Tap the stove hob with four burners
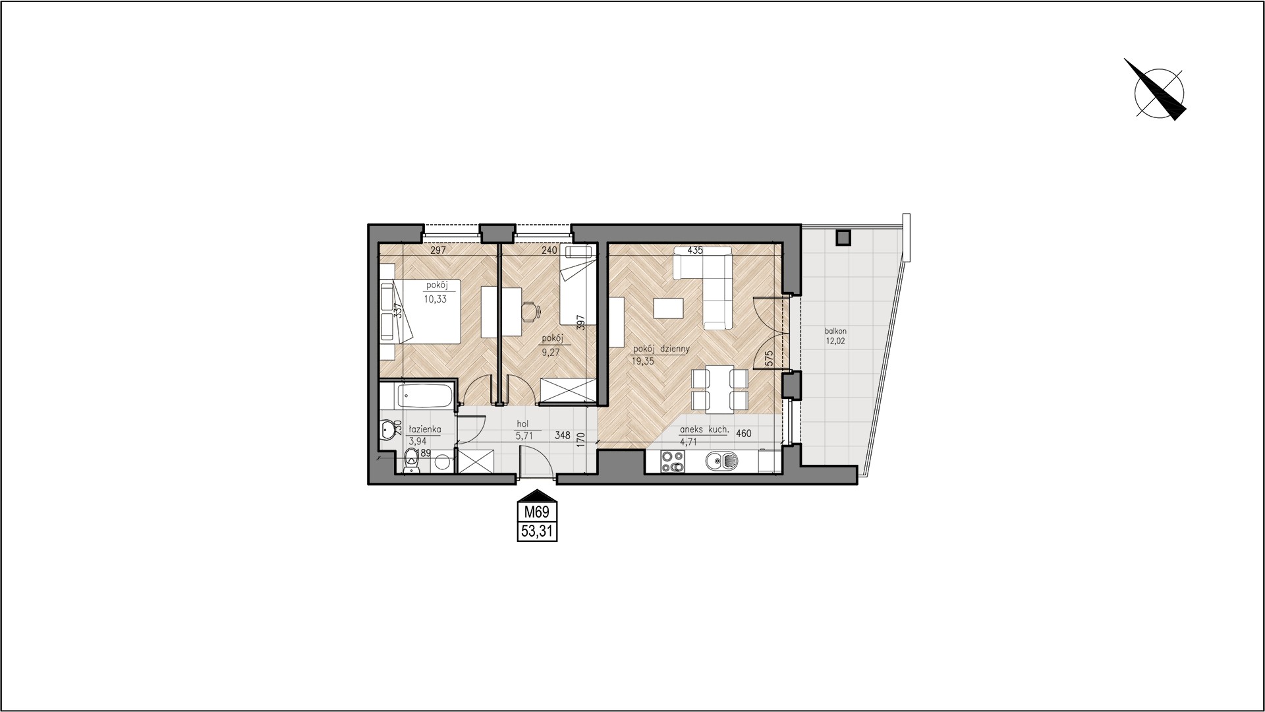pos(673,461)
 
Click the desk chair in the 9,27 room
pos(530,311)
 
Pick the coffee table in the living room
pos(668,309)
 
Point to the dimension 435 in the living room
pos(695,251)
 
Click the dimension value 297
pos(438,251)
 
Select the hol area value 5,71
pos(523,435)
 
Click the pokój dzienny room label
pos(661,349)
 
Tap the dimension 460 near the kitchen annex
pos(744,434)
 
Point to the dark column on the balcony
pos(843,236)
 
